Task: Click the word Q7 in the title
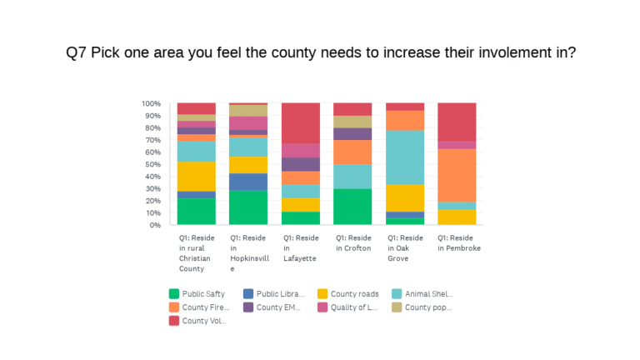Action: [77, 52]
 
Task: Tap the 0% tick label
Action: [155, 225]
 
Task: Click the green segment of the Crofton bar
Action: [352, 207]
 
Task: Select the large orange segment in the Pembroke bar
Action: [457, 176]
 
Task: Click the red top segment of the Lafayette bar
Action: [301, 123]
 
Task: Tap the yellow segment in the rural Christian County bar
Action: [197, 176]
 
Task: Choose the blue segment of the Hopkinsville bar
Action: [248, 182]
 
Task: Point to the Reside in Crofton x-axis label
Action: [352, 243]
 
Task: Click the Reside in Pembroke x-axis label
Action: [459, 243]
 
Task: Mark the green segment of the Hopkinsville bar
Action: [248, 207]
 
